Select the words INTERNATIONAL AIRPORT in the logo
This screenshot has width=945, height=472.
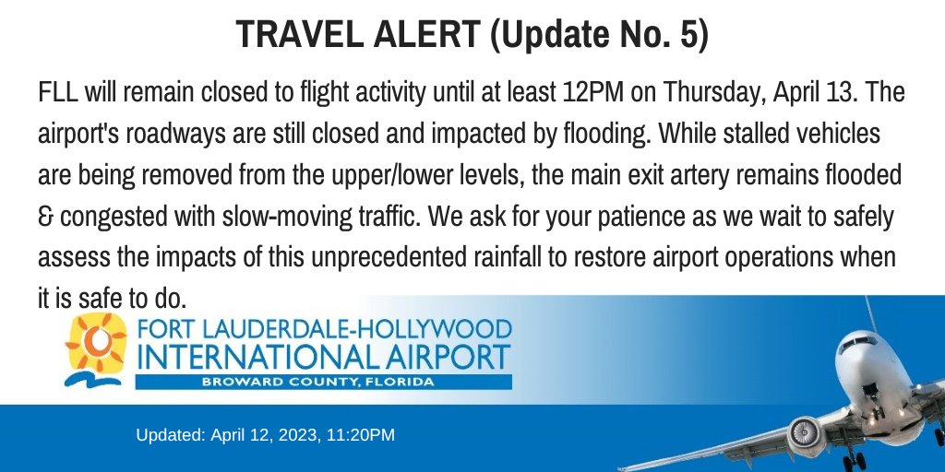323,357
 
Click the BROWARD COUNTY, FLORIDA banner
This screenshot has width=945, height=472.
323,382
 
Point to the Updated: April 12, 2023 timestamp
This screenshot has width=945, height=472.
266,434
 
